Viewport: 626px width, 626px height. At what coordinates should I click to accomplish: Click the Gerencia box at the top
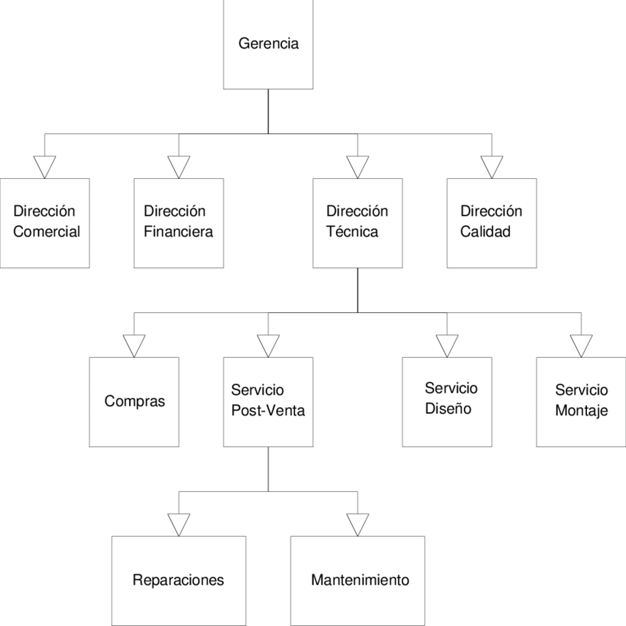[268, 44]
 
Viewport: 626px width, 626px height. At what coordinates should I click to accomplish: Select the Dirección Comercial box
[45, 222]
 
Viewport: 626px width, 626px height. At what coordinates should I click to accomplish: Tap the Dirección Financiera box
[178, 222]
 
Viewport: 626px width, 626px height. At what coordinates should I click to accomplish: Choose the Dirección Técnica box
[357, 222]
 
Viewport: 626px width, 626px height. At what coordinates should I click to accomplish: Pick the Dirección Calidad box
[491, 222]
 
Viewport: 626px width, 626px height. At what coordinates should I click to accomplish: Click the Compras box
[134, 401]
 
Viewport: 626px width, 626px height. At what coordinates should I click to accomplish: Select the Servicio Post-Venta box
[268, 401]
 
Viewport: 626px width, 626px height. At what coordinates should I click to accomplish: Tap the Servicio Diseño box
[447, 401]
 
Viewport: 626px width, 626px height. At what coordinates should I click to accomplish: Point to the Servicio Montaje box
[581, 401]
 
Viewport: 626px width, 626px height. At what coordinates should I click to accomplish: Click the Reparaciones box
[178, 580]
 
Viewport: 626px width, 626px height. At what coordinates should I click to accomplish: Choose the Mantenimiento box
[357, 580]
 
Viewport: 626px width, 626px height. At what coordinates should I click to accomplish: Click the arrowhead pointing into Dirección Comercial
[45, 166]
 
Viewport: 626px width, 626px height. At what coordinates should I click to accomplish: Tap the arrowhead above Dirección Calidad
[491, 166]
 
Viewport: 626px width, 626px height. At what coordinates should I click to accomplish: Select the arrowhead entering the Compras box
[134, 345]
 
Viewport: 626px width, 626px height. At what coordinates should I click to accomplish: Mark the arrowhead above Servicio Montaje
[581, 345]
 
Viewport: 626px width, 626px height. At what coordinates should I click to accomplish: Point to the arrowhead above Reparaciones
[178, 524]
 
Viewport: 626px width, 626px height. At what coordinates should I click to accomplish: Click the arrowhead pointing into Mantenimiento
[357, 524]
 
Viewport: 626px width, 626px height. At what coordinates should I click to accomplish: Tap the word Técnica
[352, 232]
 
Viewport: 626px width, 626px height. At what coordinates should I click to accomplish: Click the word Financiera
[178, 232]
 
